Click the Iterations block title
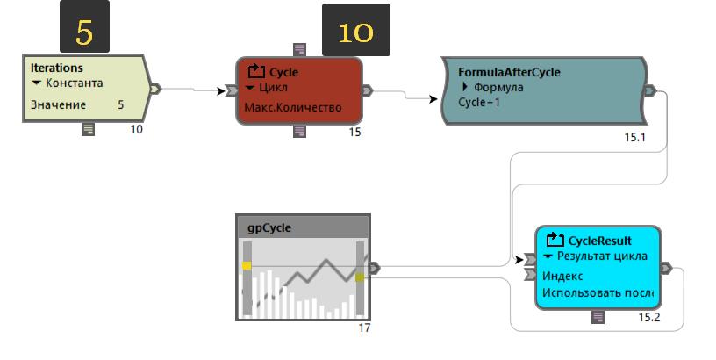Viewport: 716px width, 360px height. coord(57,67)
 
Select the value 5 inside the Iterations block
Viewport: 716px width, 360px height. coord(121,104)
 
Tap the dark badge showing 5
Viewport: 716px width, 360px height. coord(83,31)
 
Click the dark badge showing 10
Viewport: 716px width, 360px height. coord(355,32)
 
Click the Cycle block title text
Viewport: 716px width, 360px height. coord(283,72)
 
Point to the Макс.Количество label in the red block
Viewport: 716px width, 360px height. coord(292,108)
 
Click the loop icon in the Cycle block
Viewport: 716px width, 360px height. coord(256,71)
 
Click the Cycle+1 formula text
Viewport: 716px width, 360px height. coord(479,102)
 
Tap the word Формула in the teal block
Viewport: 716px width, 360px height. coord(498,87)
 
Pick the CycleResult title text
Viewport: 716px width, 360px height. coord(600,240)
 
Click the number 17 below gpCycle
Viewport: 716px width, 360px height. coord(365,328)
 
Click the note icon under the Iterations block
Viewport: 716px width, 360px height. coord(88,129)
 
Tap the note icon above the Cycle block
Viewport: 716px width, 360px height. coord(300,49)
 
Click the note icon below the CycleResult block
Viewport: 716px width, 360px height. coord(598,316)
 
